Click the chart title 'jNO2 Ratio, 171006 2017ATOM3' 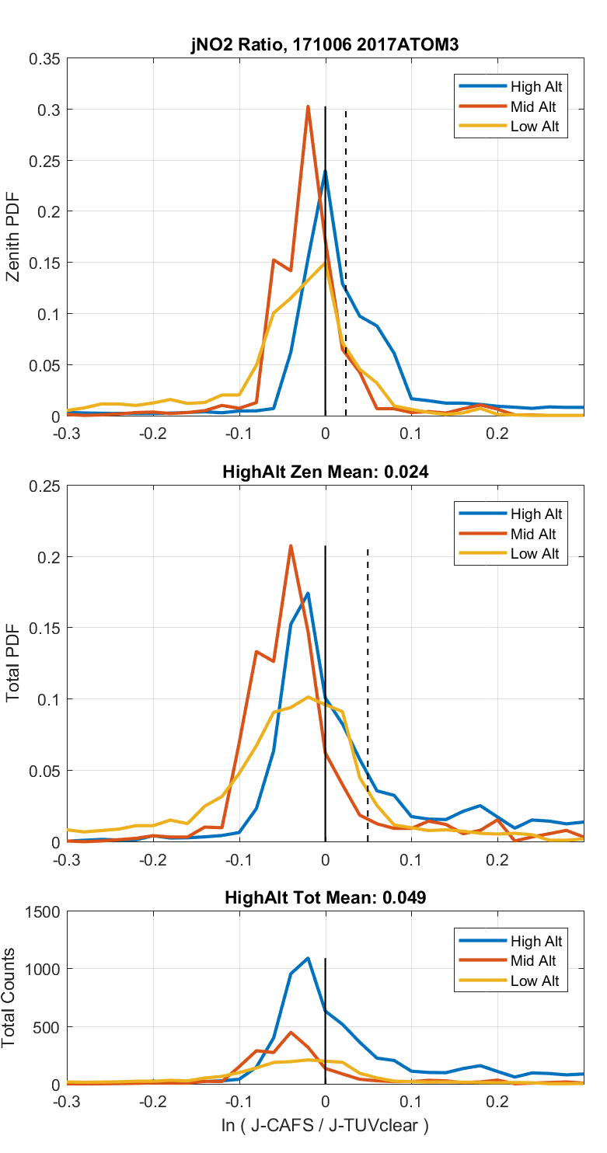click(325, 46)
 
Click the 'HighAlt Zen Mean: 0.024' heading click(325, 472)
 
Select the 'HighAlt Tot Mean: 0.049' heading click(325, 897)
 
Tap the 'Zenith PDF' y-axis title click(13, 237)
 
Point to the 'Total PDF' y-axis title click(13, 663)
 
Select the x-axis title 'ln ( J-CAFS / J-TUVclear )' click(325, 1124)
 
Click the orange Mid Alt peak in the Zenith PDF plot click(308, 107)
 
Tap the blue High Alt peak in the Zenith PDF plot click(325, 171)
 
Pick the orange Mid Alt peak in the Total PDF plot click(291, 546)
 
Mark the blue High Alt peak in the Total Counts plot click(308, 958)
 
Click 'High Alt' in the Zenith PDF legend click(535, 86)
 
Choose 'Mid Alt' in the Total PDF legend click(534, 534)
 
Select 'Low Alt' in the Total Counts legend click(535, 981)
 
